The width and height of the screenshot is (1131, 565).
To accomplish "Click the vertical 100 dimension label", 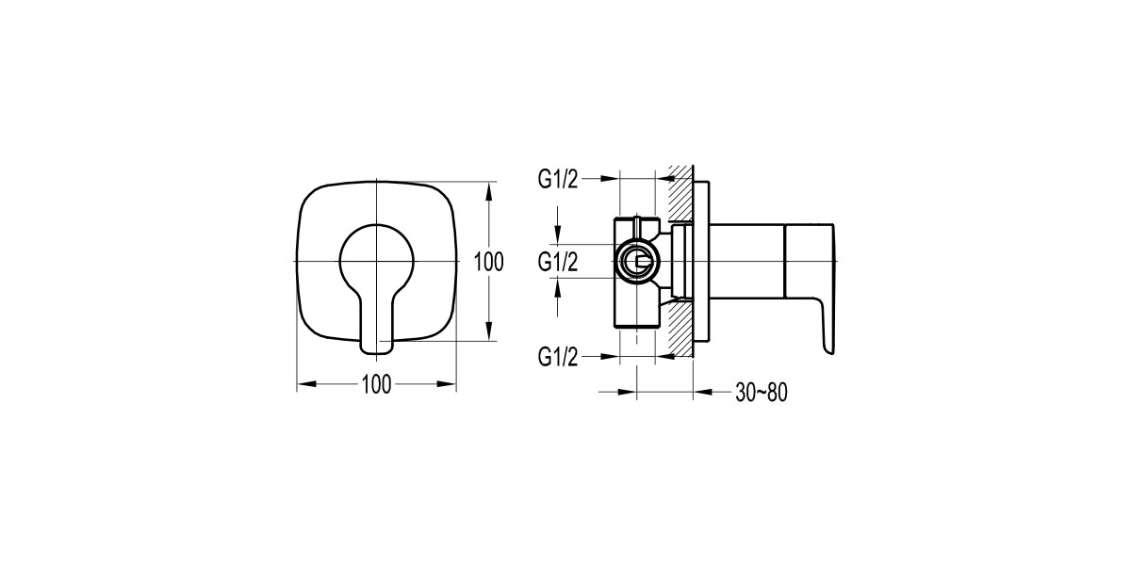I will tap(488, 261).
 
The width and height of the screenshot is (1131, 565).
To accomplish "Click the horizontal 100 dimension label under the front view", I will tap(376, 383).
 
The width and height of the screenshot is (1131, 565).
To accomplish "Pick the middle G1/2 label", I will tap(557, 261).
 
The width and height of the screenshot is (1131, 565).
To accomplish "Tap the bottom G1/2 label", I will tap(557, 356).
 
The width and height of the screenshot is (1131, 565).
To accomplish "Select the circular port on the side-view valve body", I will tap(637, 262).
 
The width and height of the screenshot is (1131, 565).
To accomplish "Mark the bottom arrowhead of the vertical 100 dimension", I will tap(488, 333).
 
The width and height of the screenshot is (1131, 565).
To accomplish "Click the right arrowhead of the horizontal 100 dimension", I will tap(450, 383).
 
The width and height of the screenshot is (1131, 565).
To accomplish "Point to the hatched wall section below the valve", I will tap(680, 330).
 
